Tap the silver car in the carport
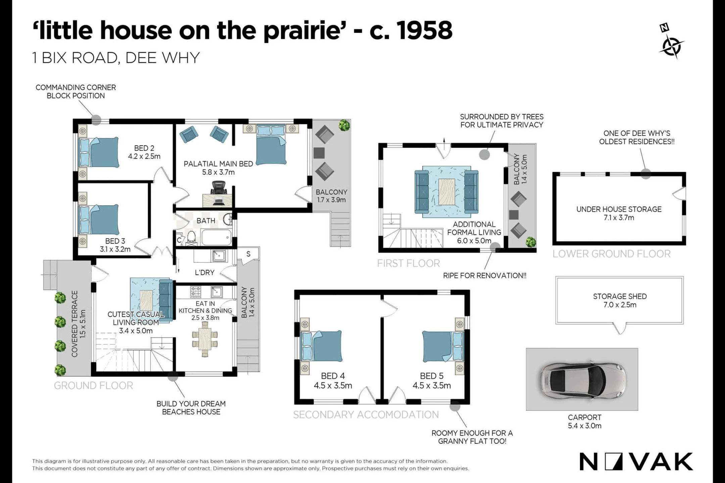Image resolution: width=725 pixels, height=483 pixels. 583,379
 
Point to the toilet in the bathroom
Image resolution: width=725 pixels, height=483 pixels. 191,236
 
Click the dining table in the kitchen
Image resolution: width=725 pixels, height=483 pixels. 205,338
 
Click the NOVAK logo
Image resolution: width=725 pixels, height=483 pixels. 636,462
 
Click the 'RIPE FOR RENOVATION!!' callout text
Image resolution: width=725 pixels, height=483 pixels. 485,276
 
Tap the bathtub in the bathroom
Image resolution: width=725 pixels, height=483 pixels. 216,237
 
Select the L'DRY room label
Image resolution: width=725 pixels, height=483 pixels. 204,272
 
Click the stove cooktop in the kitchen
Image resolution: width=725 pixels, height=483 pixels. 196,292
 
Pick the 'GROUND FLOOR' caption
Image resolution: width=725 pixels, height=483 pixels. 93,386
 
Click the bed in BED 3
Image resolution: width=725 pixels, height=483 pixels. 99,220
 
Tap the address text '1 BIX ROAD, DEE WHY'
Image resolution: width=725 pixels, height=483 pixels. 116,58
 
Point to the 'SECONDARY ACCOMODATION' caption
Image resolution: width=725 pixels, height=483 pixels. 366,415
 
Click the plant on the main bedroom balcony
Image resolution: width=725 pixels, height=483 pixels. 344,125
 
